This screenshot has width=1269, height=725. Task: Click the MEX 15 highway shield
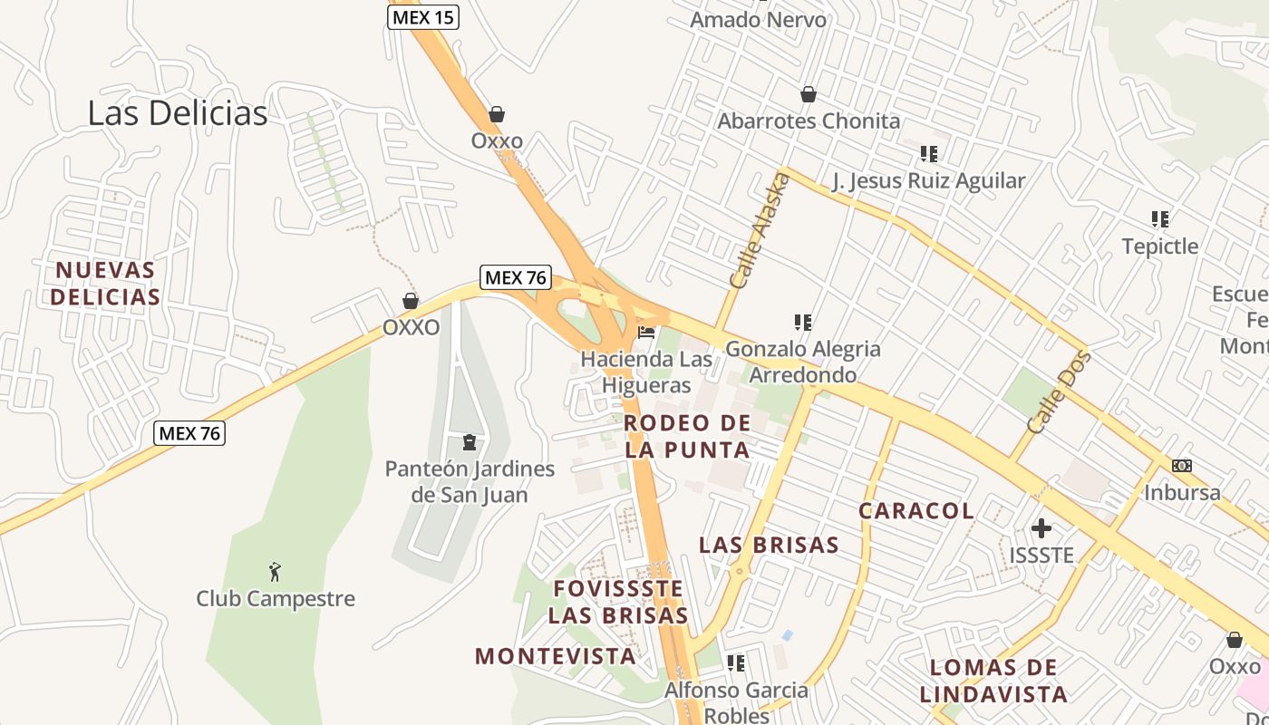point(423,16)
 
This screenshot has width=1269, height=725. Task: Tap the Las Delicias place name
point(178,113)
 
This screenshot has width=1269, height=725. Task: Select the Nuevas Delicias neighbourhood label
point(105,283)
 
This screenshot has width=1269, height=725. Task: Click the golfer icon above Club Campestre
point(276,572)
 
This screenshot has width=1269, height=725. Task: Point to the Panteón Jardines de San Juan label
point(470,481)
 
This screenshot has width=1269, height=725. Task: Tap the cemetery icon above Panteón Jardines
point(470,442)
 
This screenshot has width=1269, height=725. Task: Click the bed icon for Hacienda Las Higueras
point(646,333)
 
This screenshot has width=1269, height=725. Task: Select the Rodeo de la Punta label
point(688,436)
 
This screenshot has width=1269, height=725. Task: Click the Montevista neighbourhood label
point(556,656)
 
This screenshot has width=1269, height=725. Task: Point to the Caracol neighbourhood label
point(916,510)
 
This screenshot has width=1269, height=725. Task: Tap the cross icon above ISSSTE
point(1041,527)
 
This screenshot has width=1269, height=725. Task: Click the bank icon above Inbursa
point(1182,466)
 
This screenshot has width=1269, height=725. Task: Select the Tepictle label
point(1159,246)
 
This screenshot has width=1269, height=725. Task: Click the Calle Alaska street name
point(760,231)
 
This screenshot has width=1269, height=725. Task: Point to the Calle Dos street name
point(1059,391)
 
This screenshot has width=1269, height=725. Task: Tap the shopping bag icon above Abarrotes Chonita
point(809,94)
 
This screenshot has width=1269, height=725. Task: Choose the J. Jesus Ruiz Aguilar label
point(929,180)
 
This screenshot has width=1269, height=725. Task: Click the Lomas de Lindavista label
point(993,681)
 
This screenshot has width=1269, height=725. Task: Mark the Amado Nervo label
point(759,19)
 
